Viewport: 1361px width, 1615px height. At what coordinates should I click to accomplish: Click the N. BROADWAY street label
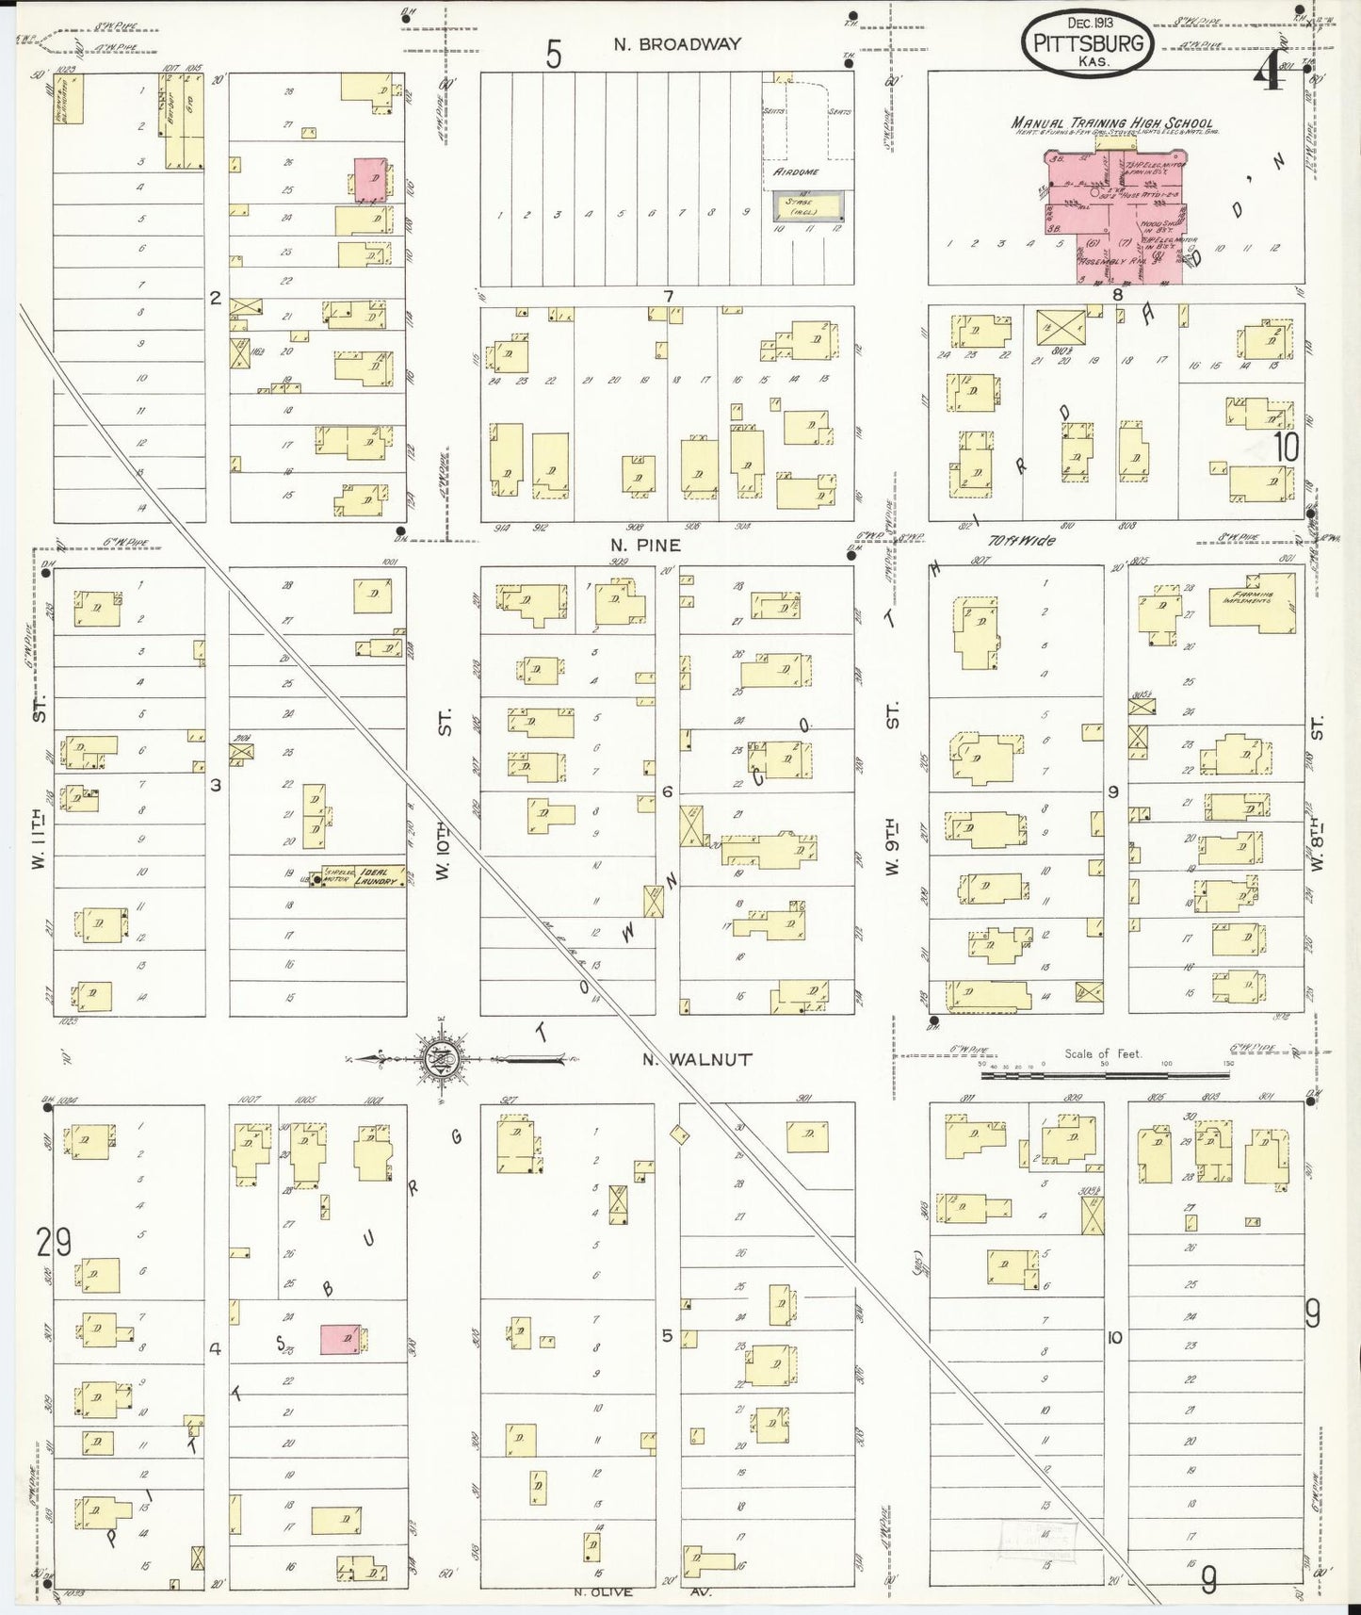pos(677,43)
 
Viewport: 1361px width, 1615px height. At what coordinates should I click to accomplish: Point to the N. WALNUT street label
pos(697,1059)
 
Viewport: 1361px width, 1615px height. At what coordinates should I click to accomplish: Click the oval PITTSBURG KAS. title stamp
pos(1088,44)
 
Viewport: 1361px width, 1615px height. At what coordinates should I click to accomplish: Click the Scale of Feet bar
pos(1102,1072)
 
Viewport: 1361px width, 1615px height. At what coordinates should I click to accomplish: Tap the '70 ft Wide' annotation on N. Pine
pos(1021,541)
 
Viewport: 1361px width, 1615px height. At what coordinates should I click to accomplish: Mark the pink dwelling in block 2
pos(369,179)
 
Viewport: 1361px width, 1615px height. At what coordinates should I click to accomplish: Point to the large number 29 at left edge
pos(54,1244)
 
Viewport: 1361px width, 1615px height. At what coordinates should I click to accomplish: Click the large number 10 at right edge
pos(1286,446)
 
